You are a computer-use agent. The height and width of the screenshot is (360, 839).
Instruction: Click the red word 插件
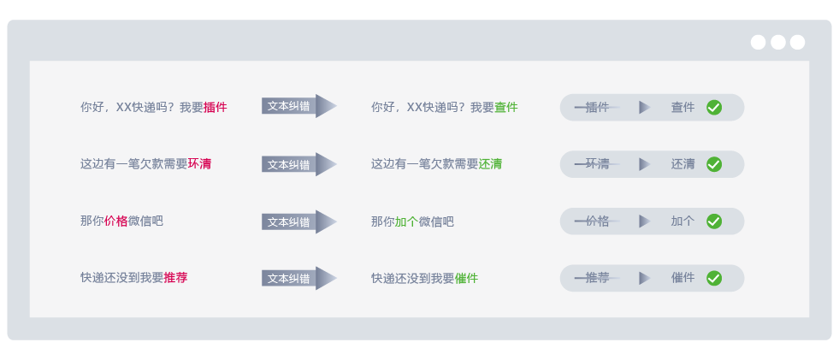click(216, 108)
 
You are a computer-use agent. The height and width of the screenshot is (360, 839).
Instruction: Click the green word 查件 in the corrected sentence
click(506, 108)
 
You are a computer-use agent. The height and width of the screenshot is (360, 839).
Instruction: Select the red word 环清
click(200, 164)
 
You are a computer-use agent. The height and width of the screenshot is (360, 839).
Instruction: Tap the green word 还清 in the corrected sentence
click(490, 164)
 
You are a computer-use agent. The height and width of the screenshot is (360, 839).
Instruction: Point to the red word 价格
click(116, 221)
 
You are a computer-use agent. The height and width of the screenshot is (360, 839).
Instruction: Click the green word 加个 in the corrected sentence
click(406, 221)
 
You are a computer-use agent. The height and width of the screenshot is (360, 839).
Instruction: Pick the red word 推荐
click(175, 278)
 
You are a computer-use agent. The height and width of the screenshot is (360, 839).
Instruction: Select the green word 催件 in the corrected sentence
click(466, 279)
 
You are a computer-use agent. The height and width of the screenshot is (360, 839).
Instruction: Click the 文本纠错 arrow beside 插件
click(298, 106)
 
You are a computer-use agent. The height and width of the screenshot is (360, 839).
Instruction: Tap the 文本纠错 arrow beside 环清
click(298, 164)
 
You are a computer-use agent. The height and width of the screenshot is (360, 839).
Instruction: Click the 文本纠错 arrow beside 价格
click(298, 221)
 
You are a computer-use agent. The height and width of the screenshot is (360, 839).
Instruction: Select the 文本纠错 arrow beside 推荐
click(298, 278)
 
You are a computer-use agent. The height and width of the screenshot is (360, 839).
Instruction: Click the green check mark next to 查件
click(714, 108)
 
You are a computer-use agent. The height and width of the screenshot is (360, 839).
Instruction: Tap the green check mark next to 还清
click(714, 164)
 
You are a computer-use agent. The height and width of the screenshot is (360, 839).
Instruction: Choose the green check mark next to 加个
click(714, 221)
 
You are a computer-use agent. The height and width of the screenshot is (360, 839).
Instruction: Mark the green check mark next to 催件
click(714, 278)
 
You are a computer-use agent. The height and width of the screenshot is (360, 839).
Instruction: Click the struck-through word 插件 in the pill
click(597, 108)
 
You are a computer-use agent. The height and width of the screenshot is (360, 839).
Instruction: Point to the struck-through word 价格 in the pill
click(597, 221)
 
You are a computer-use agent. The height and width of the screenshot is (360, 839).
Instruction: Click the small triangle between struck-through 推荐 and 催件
click(644, 278)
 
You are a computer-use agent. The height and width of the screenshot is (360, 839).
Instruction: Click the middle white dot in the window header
click(778, 43)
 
